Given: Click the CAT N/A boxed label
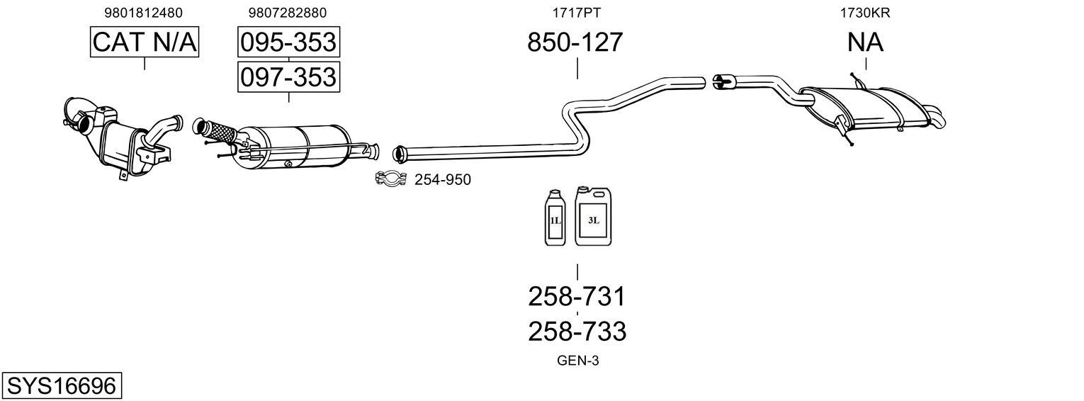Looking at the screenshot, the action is click(145, 43).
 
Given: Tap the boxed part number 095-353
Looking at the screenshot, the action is click(288, 43).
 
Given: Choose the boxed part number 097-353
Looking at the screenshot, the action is click(288, 77).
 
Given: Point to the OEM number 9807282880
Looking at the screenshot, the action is click(288, 12).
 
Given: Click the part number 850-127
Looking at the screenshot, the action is click(575, 43).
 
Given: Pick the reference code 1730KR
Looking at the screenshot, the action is click(865, 12).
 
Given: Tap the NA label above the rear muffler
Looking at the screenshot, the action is click(865, 43).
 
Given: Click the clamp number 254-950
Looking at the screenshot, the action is click(442, 180).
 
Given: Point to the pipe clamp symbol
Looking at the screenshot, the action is click(390, 179).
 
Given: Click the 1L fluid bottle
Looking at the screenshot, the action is click(555, 218).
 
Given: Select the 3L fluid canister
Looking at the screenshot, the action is click(593, 217).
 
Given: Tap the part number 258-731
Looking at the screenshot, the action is click(577, 296).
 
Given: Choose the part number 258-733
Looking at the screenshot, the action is click(577, 331).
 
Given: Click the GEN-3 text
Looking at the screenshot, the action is click(578, 361).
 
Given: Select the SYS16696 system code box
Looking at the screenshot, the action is click(61, 386).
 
